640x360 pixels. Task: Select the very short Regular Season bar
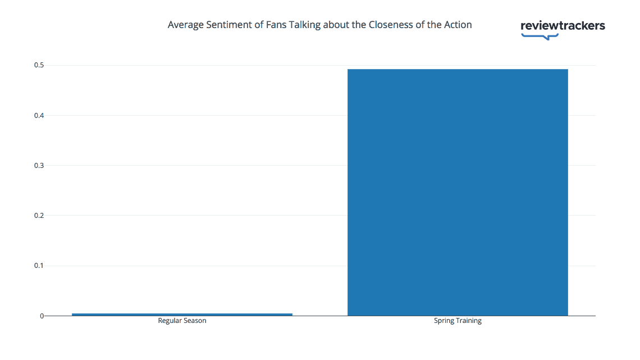tap(182, 314)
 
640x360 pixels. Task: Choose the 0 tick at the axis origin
tap(42, 316)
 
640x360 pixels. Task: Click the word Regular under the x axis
tap(170, 321)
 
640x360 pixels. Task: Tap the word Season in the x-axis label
tap(194, 321)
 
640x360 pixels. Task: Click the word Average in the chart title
tap(184, 25)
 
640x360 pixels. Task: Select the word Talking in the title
tap(304, 25)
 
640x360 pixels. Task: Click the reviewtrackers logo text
tap(563, 25)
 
